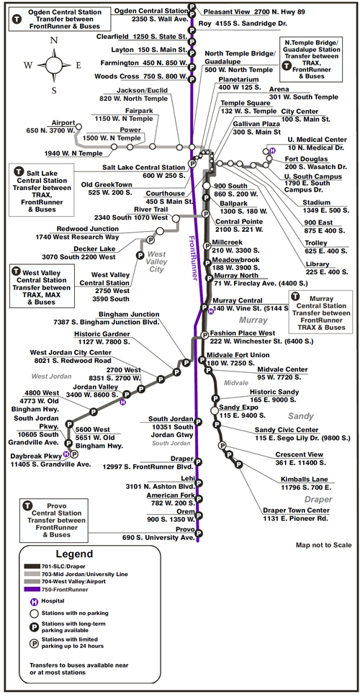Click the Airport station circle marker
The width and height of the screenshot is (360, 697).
click(x=78, y=126)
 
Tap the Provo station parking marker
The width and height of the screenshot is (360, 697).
click(x=199, y=533)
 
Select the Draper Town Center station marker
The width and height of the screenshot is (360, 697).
click(x=238, y=464)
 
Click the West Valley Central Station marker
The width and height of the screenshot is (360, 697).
click(x=140, y=255)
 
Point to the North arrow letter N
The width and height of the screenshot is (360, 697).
click(x=54, y=40)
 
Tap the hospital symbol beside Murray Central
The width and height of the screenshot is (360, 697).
click(x=211, y=312)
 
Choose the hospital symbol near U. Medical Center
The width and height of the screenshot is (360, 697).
click(x=272, y=150)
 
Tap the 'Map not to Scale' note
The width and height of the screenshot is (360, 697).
click(x=323, y=545)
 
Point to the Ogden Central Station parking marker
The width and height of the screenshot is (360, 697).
click(x=192, y=6)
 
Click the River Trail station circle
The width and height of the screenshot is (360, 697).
click(x=176, y=218)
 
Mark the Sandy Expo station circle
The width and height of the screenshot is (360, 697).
click(x=215, y=410)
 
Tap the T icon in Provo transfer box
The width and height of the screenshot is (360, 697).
click(x=27, y=505)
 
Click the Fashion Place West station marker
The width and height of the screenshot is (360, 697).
click(x=204, y=335)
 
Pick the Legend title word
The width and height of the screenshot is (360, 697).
click(x=74, y=554)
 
